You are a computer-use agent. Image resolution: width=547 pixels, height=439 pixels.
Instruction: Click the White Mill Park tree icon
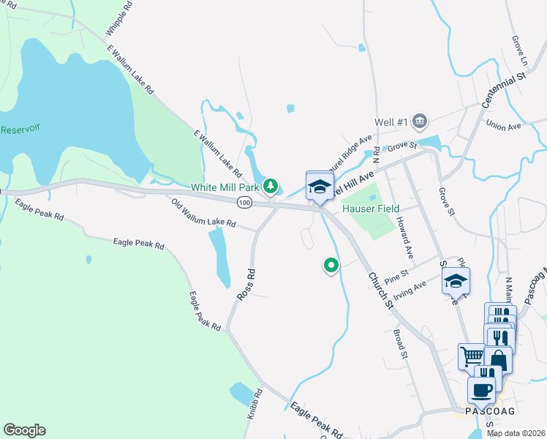click(x=271, y=187)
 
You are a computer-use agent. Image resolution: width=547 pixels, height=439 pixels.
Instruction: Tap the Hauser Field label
click(x=367, y=209)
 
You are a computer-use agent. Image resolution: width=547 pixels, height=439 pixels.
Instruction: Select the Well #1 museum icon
click(x=420, y=120)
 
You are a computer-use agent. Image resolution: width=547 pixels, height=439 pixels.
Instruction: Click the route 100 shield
click(x=245, y=200)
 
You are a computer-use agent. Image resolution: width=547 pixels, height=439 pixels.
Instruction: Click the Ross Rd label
click(x=247, y=285)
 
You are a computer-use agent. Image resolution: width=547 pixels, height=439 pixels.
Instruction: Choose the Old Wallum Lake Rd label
click(x=204, y=213)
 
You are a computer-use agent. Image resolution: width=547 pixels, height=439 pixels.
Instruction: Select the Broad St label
click(x=401, y=342)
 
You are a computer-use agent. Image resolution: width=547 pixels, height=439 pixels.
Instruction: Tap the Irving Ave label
click(x=410, y=290)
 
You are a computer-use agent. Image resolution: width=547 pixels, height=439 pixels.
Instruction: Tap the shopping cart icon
click(x=471, y=356)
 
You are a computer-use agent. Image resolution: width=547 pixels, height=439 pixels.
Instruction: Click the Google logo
click(x=24, y=430)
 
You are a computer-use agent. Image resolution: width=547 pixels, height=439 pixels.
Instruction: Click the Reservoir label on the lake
click(x=20, y=130)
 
